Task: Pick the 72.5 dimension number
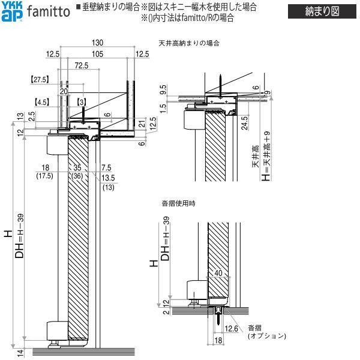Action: point(82,65)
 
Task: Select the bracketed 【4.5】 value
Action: point(43,101)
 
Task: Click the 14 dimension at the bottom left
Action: point(20,352)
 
